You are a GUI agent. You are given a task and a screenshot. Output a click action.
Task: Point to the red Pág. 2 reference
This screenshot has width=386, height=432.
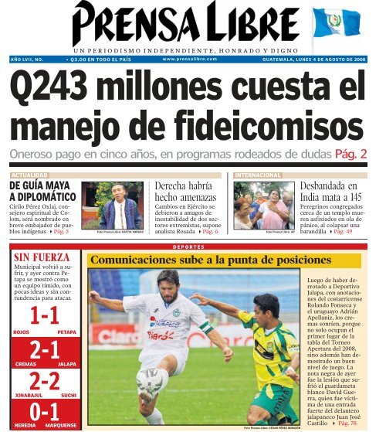(348, 155)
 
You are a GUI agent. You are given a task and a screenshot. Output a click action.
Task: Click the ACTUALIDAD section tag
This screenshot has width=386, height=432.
(32, 175)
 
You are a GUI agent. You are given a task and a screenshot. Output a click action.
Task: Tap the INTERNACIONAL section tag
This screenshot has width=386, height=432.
(260, 175)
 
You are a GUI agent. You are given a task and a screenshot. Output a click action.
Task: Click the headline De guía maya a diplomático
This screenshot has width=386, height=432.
(40, 191)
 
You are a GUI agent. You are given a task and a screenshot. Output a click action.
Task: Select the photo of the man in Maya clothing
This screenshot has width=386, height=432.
(112, 205)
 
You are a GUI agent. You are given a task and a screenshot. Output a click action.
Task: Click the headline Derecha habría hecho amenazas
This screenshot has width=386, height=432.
(187, 191)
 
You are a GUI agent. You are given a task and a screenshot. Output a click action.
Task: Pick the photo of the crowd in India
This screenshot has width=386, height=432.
(264, 205)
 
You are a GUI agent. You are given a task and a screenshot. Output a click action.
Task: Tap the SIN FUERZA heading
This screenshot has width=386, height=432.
(43, 257)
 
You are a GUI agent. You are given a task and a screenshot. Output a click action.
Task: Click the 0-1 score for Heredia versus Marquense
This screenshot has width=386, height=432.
(43, 411)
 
